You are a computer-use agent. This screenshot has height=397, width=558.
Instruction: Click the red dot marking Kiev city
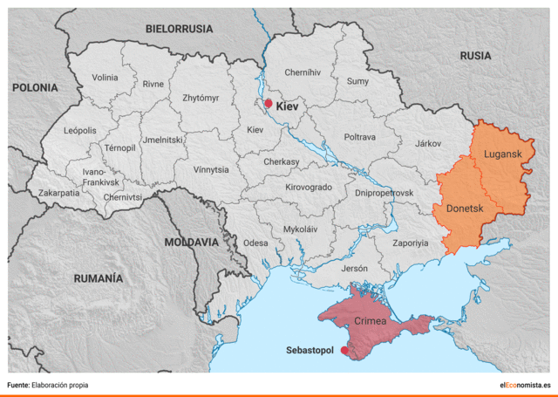(269, 104)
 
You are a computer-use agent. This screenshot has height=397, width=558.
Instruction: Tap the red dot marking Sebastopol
(344, 351)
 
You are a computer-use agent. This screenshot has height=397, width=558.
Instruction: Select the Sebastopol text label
(310, 351)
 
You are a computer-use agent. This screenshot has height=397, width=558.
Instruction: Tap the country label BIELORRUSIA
(179, 29)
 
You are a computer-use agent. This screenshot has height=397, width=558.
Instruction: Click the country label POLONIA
(35, 88)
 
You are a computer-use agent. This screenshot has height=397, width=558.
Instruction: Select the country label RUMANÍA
(99, 278)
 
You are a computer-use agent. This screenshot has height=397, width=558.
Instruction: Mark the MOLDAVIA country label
(192, 242)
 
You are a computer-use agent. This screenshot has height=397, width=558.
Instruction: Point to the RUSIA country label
(476, 55)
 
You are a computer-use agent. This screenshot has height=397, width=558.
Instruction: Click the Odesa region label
(255, 243)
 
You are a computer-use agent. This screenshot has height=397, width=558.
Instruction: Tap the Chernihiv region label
(303, 72)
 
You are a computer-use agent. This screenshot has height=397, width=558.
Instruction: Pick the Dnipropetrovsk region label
(384, 192)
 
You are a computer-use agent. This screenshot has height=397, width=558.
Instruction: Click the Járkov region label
(428, 142)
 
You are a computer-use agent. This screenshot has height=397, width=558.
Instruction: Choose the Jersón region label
(355, 269)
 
